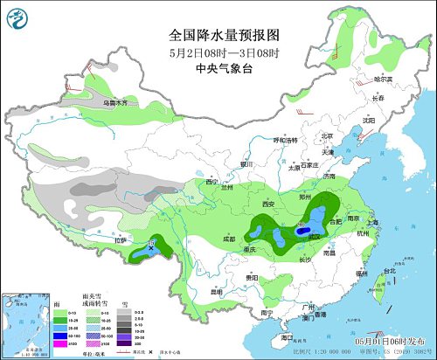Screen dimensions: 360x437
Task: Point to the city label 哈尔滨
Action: pos(385,79)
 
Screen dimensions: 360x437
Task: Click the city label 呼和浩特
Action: pos(285,140)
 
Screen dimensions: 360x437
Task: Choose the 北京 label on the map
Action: pos(327,135)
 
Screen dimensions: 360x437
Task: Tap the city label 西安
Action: pos(267,204)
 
